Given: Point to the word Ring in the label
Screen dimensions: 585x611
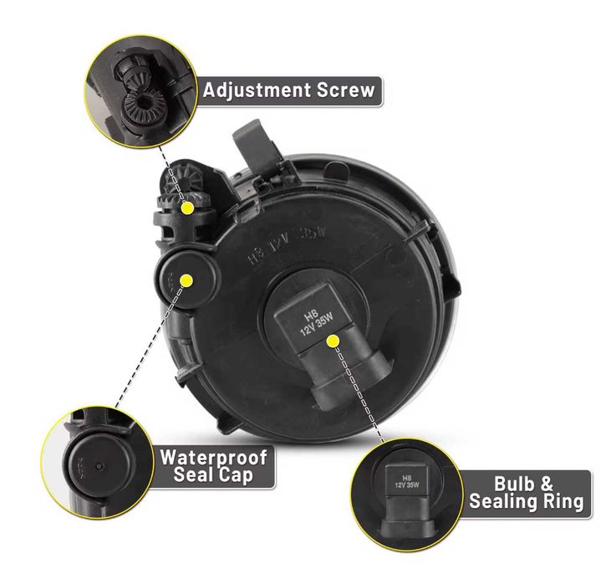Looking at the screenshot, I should pos(561,502).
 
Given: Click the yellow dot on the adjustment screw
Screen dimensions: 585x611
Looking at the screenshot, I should pos(188,206).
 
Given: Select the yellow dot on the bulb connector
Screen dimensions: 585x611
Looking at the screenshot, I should pos(334,340).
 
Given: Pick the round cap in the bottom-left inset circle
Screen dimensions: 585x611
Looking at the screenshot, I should pos(94,464).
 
